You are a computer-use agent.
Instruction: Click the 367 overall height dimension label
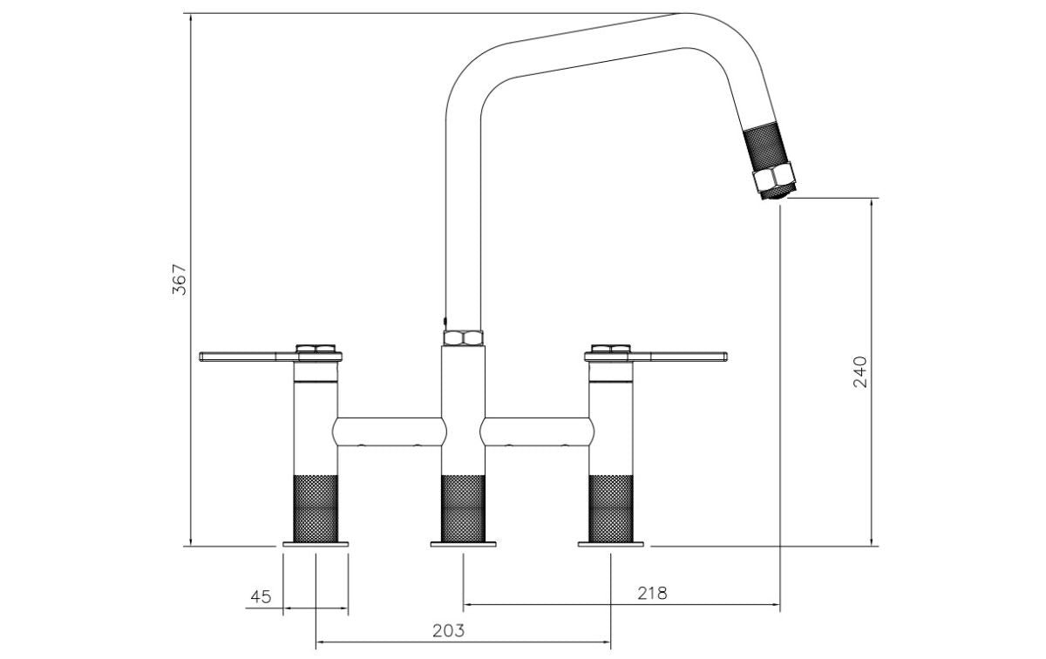pyautogui.click(x=180, y=279)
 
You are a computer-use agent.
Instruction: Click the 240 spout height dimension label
pyautogui.click(x=859, y=371)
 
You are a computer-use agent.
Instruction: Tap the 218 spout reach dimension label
pyautogui.click(x=652, y=593)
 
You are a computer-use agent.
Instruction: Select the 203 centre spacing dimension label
pyautogui.click(x=448, y=630)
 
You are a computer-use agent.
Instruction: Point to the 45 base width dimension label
pyautogui.click(x=261, y=596)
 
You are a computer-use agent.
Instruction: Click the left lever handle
pyautogui.click(x=270, y=357)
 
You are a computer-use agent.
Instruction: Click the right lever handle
pyautogui.click(x=656, y=357)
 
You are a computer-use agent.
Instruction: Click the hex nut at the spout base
pyautogui.click(x=463, y=337)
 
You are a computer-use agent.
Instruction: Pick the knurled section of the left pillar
pyautogui.click(x=316, y=508)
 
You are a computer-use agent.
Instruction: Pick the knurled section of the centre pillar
pyautogui.click(x=463, y=508)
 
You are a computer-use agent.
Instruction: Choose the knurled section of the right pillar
pyautogui.click(x=611, y=508)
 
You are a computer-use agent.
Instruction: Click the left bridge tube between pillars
pyautogui.click(x=390, y=431)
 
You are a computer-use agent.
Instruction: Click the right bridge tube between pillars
pyautogui.click(x=537, y=431)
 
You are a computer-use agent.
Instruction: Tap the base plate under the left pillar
pyautogui.click(x=316, y=544)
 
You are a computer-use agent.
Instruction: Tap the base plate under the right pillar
pyautogui.click(x=611, y=544)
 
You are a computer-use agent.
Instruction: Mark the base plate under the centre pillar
pyautogui.click(x=463, y=544)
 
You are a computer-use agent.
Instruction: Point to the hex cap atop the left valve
pyautogui.click(x=316, y=349)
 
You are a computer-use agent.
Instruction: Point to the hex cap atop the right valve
pyautogui.click(x=611, y=349)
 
